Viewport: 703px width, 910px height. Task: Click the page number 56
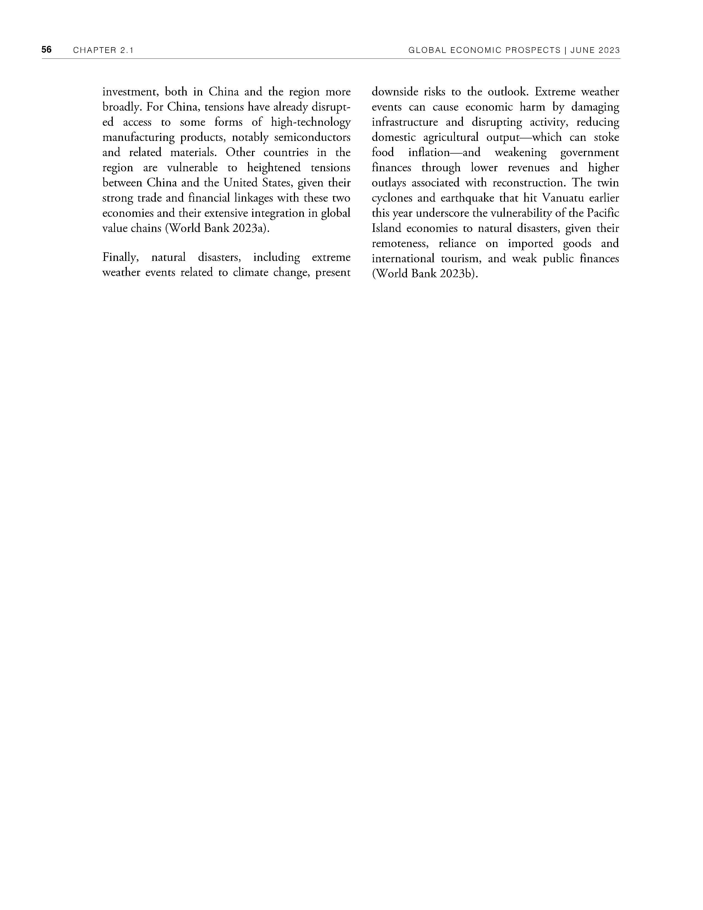pyautogui.click(x=46, y=50)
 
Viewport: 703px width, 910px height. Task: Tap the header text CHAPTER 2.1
pyautogui.click(x=103, y=50)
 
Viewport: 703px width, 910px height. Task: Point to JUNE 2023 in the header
pyautogui.click(x=595, y=50)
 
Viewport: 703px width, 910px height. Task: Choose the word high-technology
pyautogui.click(x=311, y=122)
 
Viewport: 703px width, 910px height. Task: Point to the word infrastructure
pyautogui.click(x=404, y=122)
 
